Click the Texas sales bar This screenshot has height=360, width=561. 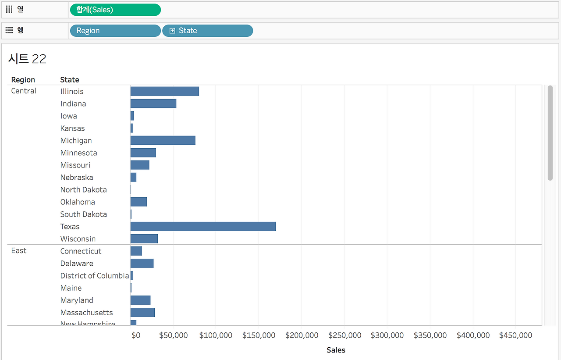click(x=203, y=226)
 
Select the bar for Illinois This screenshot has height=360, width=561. click(x=164, y=91)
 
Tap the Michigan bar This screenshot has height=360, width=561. click(x=163, y=140)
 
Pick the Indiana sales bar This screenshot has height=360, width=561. click(x=153, y=103)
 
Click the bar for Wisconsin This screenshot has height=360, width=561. click(x=144, y=239)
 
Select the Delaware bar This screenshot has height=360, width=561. click(x=142, y=263)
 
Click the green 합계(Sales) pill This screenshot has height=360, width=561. click(x=115, y=10)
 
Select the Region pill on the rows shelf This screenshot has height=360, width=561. click(x=115, y=31)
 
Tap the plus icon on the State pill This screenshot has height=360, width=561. click(x=172, y=31)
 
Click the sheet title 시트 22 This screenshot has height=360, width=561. click(x=27, y=59)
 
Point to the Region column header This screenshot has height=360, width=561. click(x=23, y=80)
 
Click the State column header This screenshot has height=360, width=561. click(x=70, y=80)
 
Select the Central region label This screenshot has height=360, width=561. click(x=24, y=91)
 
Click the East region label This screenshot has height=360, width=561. click(x=19, y=250)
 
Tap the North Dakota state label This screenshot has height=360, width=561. click(x=84, y=189)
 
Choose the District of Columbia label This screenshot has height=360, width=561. click(x=95, y=275)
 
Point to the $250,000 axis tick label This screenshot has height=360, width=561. click(x=344, y=335)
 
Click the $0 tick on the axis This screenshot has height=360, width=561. click(x=136, y=335)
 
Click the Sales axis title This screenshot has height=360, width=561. click(x=336, y=350)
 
